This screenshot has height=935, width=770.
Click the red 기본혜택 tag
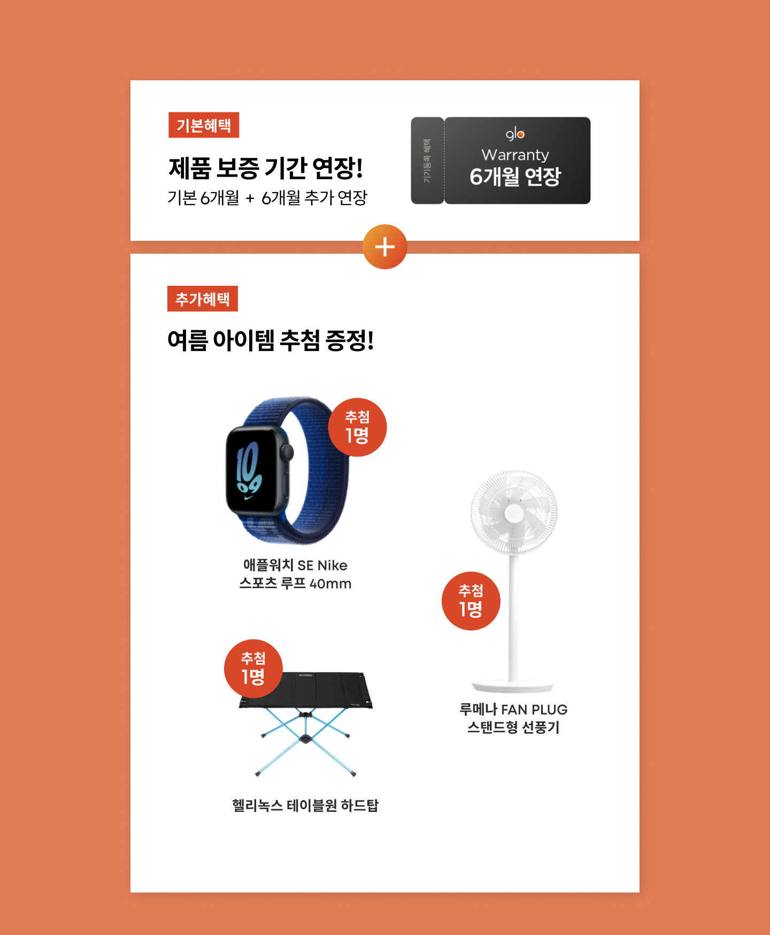pos(204,125)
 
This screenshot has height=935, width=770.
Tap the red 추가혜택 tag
pos(203,299)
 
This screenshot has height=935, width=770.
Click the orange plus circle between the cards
pos(385,247)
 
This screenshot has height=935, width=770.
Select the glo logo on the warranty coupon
pos(515,134)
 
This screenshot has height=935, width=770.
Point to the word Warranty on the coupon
pos(515,155)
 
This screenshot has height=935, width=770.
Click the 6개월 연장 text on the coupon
pos(515,177)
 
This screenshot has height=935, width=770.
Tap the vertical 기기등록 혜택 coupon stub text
pos(427,161)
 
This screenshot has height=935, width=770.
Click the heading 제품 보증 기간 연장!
pos(266,168)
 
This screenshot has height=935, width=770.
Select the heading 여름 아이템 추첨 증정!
pos(271,340)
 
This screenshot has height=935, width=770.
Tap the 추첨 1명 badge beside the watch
pos(357,427)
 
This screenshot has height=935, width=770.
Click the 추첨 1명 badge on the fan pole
pos(471,601)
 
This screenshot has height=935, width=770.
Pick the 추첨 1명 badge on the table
pos(253,668)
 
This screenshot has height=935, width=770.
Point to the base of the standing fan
pos(513,686)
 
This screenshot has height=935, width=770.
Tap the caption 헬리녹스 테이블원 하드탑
pos(305,805)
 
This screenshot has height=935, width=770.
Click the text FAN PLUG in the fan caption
pos(534,710)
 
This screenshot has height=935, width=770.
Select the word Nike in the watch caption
pos(333,566)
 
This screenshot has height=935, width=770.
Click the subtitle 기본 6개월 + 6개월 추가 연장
pos(267,198)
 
